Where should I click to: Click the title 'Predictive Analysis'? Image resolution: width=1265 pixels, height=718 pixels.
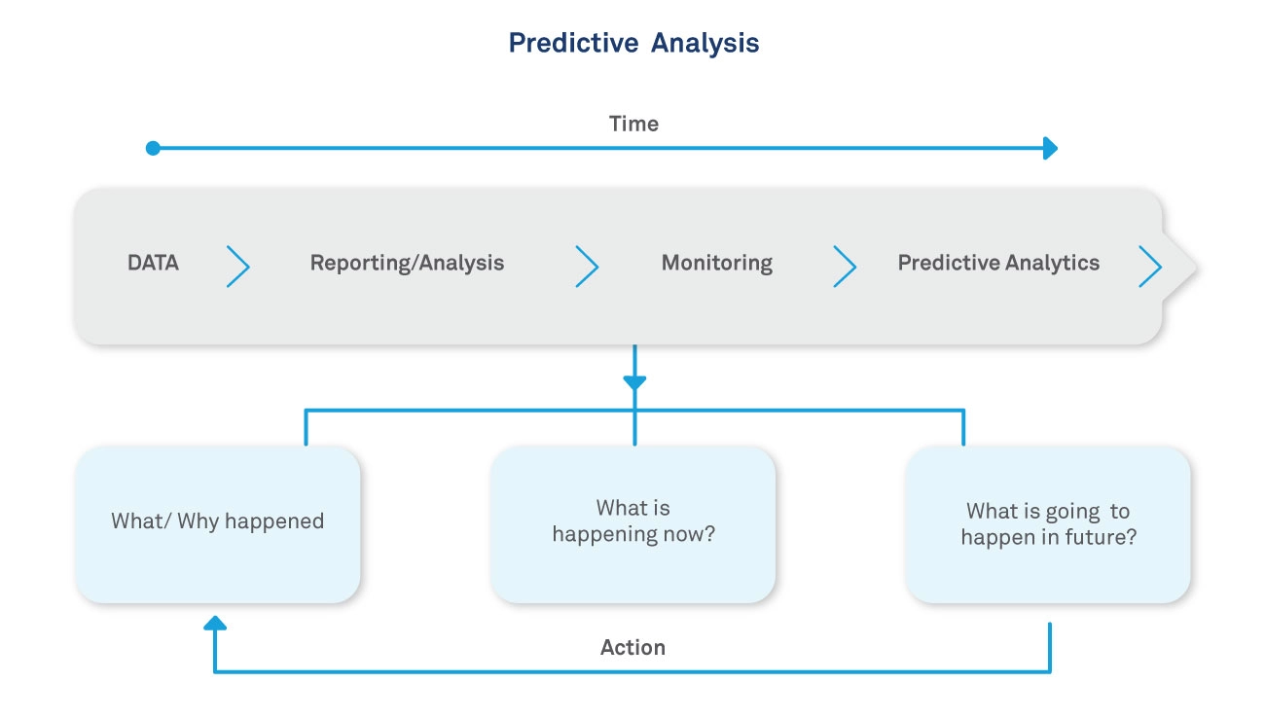(633, 44)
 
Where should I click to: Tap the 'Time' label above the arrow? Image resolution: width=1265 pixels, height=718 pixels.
(633, 124)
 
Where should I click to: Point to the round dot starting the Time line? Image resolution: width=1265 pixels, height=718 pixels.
(153, 149)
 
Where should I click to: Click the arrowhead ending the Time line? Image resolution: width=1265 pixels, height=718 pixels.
(1050, 149)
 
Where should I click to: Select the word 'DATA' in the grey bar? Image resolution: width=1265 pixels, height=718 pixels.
(153, 263)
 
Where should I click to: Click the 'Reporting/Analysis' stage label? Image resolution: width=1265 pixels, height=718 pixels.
(407, 263)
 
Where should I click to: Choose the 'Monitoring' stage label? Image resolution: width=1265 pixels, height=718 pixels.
(716, 263)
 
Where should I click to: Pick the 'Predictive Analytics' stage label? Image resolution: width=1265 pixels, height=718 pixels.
(998, 263)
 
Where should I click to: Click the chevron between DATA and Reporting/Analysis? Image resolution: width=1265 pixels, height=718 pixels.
(238, 266)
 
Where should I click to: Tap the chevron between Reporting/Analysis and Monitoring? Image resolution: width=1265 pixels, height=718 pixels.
(587, 266)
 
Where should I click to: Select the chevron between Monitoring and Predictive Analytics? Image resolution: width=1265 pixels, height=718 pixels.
(845, 266)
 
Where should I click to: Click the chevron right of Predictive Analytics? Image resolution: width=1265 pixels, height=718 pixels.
(1150, 266)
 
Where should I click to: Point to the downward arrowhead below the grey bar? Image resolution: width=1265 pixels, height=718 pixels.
(634, 382)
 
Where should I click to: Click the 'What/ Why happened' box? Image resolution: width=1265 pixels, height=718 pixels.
(218, 523)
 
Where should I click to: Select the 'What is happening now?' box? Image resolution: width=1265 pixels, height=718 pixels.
(633, 523)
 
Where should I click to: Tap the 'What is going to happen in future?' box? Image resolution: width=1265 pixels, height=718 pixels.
(1048, 523)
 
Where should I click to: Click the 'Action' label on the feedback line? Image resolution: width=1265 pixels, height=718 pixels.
(632, 648)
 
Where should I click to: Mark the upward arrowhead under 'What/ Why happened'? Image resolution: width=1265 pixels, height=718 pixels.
(215, 624)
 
